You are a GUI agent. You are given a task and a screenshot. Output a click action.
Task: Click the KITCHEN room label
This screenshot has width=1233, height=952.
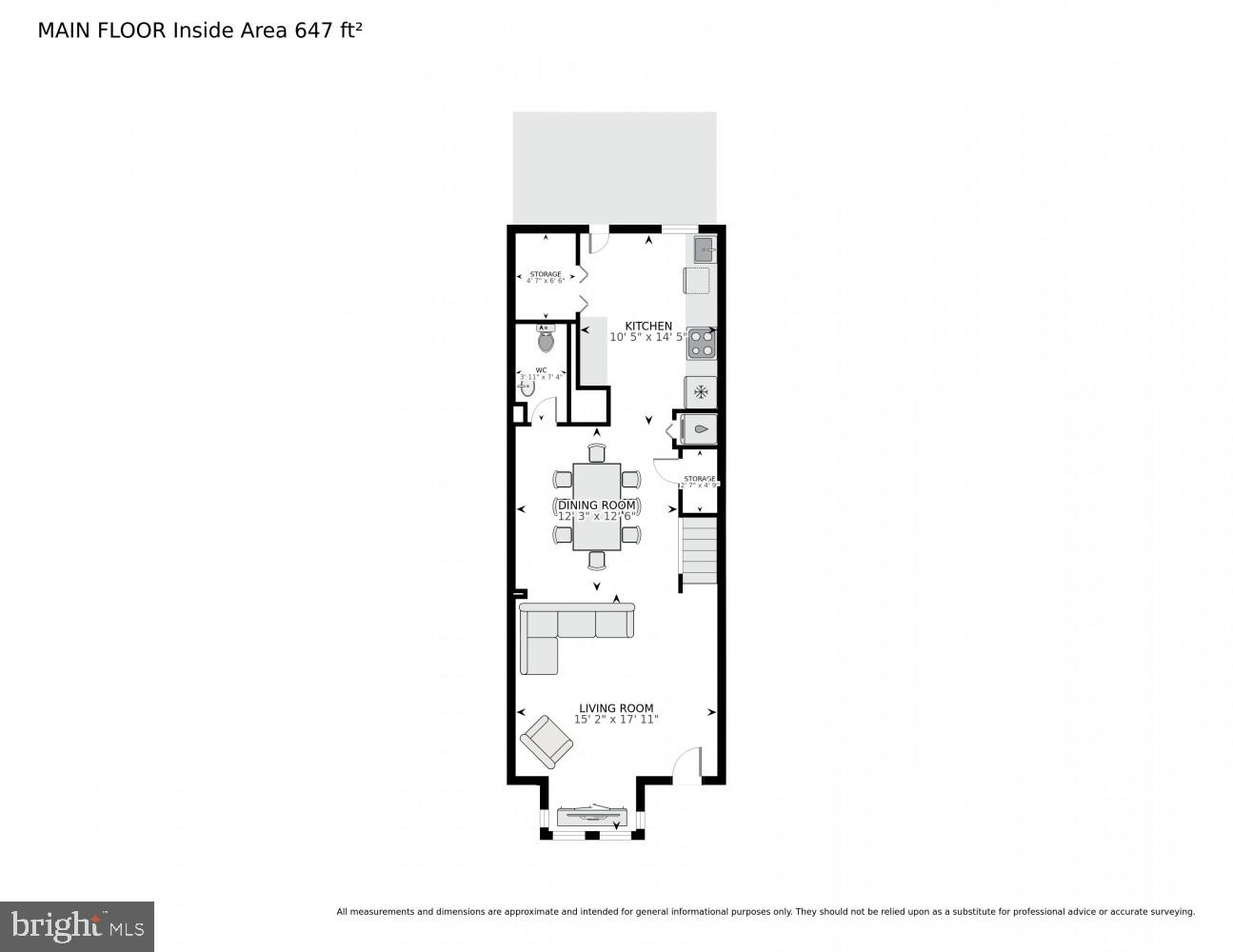(x=648, y=326)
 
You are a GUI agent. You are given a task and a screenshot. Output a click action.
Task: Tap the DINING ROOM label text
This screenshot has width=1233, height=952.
(x=597, y=506)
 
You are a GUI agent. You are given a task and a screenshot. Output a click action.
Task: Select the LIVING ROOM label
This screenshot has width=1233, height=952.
(x=616, y=708)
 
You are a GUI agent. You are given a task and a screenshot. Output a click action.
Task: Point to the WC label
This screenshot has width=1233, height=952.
(x=541, y=370)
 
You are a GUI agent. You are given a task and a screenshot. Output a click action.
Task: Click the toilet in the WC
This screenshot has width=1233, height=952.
(x=546, y=339)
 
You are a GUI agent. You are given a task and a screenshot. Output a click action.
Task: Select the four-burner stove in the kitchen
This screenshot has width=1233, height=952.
(x=702, y=343)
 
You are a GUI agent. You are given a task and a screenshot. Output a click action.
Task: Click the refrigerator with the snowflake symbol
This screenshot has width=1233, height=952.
(x=701, y=392)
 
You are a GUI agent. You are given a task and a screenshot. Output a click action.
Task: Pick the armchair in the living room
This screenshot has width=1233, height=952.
(x=547, y=741)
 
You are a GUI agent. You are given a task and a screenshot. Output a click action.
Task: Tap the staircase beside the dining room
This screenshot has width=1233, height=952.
(x=699, y=550)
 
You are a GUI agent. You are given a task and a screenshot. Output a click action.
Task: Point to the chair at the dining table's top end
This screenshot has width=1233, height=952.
(x=597, y=452)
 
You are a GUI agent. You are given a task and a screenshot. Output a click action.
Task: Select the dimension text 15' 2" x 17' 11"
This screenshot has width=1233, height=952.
(x=616, y=720)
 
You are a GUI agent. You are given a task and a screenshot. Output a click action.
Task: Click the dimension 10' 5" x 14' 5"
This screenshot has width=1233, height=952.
(x=648, y=337)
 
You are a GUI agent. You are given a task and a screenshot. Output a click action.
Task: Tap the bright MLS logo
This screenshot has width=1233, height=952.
(x=77, y=926)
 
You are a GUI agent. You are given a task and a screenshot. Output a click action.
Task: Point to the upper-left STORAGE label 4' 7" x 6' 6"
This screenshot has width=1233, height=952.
(x=546, y=277)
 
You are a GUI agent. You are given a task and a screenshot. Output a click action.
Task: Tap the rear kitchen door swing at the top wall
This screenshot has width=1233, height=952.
(x=598, y=242)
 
